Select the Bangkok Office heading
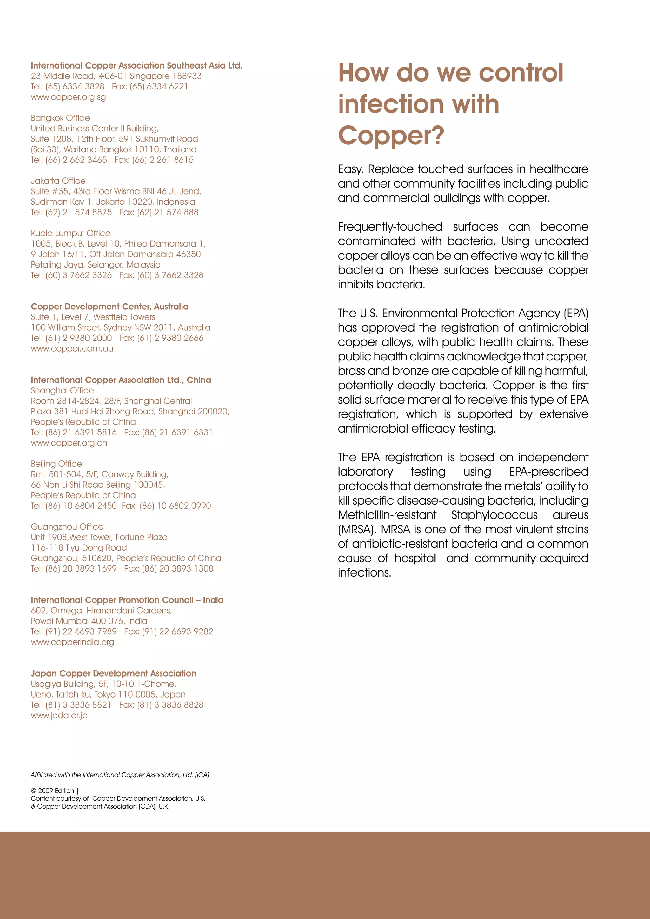coord(60,118)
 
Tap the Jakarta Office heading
coord(58,181)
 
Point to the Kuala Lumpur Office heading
coord(70,233)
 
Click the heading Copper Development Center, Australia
coord(110,307)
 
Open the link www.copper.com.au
coord(72,349)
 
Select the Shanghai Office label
coord(63,391)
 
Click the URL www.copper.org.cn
coord(69,443)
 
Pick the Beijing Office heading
coord(56,464)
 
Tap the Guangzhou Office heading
coord(67,527)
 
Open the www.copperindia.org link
coord(72,642)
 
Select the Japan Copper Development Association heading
coord(113,673)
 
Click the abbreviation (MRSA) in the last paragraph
coord(357,530)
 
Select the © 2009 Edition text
coord(52,790)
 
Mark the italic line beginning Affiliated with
coord(120,775)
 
